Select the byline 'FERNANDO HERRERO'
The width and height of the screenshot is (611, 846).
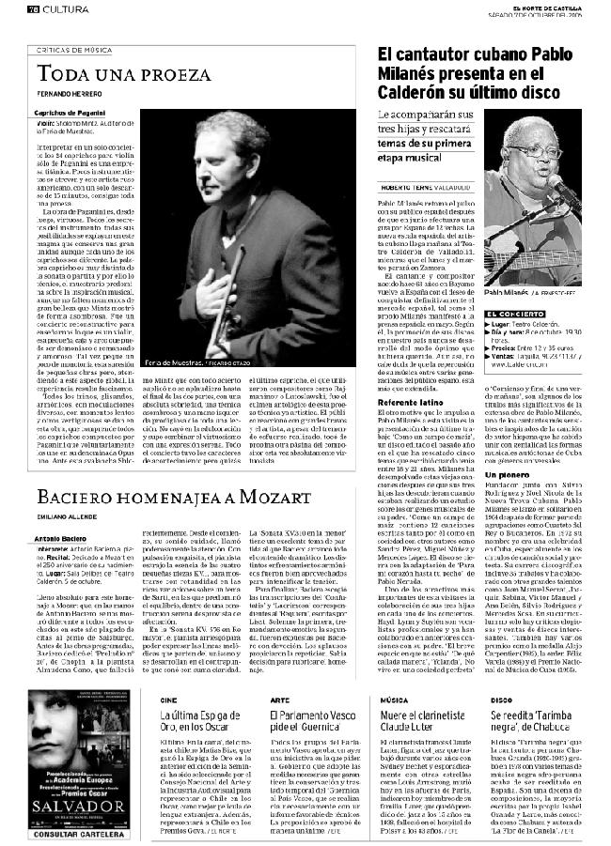(x=68, y=96)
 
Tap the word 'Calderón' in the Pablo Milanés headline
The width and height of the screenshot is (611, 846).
(x=418, y=93)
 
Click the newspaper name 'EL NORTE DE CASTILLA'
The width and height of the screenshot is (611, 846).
(x=562, y=6)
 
